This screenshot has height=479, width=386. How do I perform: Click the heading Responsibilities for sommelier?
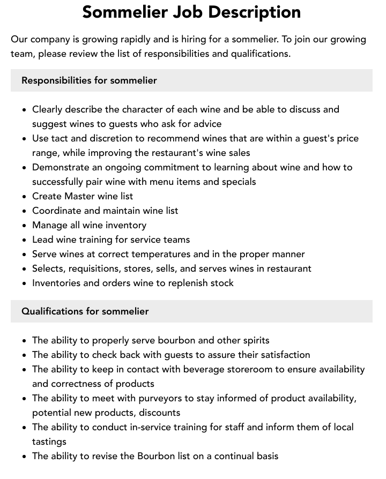click(x=89, y=80)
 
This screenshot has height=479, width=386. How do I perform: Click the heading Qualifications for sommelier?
click(x=85, y=311)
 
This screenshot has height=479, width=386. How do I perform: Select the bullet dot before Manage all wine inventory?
click(x=24, y=226)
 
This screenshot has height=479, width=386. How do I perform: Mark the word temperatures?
click(x=153, y=254)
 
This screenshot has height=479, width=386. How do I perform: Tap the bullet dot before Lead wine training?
click(x=24, y=240)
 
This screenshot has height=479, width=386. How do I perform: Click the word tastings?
click(x=49, y=441)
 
